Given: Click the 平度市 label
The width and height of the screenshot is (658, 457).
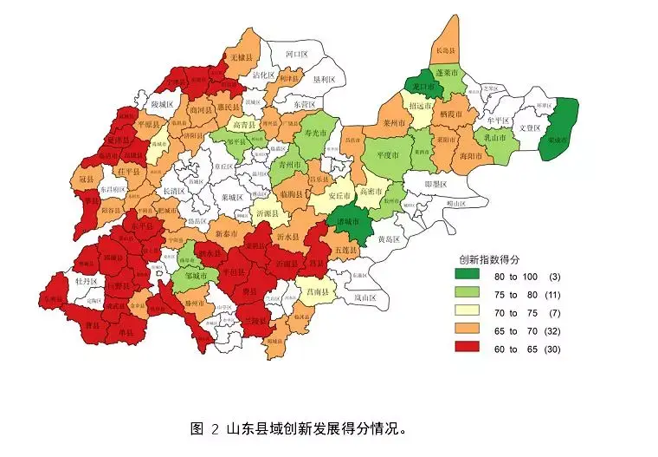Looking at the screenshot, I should [x=387, y=155].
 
